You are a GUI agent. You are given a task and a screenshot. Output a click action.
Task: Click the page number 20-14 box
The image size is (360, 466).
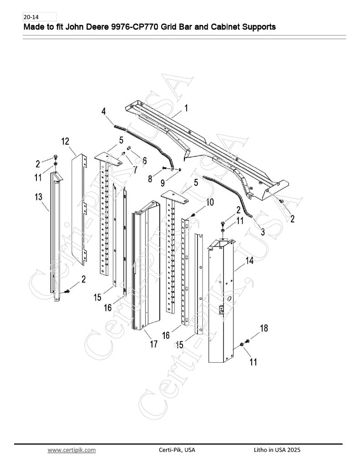(x=40, y=17)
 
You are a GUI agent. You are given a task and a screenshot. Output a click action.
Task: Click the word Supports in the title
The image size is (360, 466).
(x=259, y=27)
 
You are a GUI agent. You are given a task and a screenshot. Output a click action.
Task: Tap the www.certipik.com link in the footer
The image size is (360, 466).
(x=71, y=450)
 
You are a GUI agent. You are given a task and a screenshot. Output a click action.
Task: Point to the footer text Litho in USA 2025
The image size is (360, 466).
(x=277, y=450)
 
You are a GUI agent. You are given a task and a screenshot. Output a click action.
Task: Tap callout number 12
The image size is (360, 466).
(x=65, y=141)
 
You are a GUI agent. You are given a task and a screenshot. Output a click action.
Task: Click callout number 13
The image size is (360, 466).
(x=39, y=197)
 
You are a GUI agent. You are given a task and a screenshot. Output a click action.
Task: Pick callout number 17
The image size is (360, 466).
(x=154, y=344)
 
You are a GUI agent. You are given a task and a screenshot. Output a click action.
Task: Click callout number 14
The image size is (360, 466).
(x=249, y=261)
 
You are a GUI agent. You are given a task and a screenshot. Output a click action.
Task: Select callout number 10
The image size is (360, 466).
(x=210, y=202)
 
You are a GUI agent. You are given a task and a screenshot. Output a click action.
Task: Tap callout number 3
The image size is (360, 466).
(x=263, y=232)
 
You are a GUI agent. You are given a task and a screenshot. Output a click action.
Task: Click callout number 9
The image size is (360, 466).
(x=162, y=182)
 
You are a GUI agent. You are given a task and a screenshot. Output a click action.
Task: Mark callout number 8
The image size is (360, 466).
(x=150, y=178)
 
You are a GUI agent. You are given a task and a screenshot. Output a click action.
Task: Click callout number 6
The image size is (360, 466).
(x=144, y=161)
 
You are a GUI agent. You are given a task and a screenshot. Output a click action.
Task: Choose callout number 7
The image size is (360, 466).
(x=135, y=169)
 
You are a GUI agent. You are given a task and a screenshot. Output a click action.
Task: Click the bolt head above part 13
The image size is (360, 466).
(x=56, y=157)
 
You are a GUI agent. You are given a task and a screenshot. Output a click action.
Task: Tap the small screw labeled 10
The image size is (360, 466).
(x=193, y=214)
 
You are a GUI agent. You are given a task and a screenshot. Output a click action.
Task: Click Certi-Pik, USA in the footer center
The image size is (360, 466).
(x=177, y=450)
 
